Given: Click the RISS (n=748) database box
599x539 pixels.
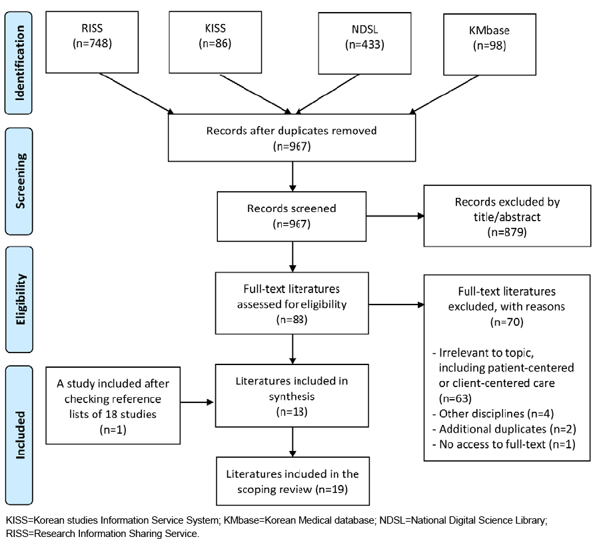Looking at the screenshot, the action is [92, 42].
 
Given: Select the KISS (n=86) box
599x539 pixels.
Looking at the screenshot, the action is [215, 42].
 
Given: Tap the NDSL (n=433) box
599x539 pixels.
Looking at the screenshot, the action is [365, 43].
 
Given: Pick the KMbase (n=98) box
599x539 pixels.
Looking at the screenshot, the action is [490, 45].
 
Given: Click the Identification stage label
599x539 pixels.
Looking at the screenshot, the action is [19, 63].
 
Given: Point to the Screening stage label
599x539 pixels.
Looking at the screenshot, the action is [19, 181].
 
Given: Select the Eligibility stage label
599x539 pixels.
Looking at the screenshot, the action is [19, 300].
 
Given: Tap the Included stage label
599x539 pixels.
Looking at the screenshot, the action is [19, 435].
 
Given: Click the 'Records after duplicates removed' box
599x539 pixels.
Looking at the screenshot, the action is [292, 138].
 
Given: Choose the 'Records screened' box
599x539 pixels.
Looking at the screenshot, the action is [292, 217].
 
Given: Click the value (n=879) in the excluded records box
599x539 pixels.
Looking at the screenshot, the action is [507, 233].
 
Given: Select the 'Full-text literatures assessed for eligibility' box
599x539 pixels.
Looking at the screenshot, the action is [292, 303].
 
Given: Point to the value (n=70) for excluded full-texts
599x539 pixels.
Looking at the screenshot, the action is [507, 322].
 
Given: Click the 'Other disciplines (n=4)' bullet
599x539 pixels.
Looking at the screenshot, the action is [493, 414].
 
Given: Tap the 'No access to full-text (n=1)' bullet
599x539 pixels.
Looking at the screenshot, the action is [504, 444].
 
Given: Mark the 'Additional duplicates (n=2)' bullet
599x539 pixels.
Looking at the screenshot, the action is [504, 429].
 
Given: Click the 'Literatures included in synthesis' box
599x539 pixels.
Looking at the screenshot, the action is [292, 395].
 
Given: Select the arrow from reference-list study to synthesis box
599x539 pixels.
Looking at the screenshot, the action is [197, 402].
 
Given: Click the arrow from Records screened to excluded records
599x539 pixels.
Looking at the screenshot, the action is [395, 217].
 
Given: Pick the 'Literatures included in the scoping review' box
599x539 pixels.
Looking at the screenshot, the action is [293, 481].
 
